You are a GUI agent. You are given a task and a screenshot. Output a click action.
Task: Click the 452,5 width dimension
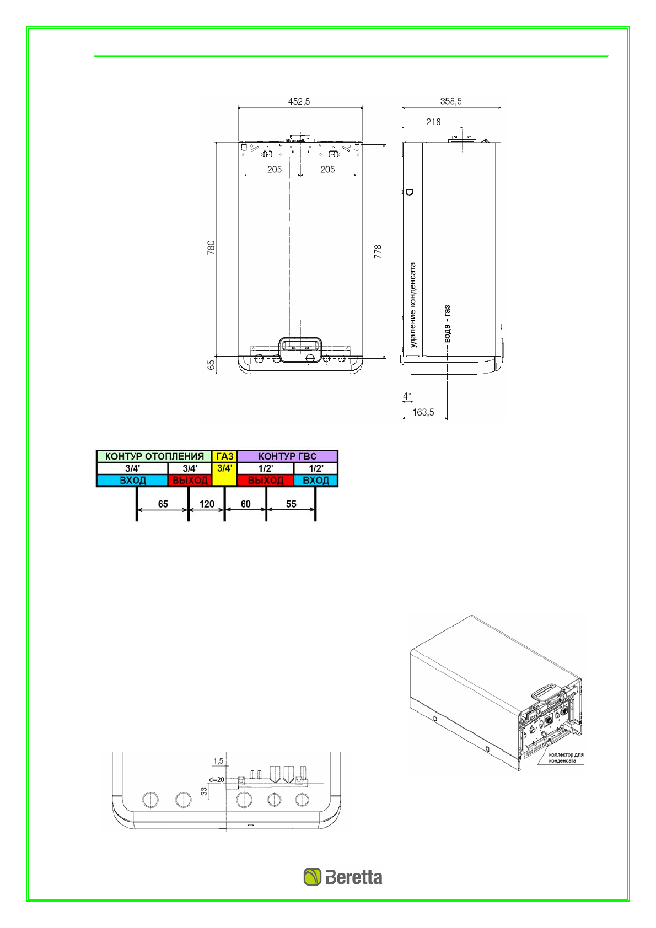(299, 101)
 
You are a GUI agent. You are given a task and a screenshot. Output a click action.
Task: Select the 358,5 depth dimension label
(451, 101)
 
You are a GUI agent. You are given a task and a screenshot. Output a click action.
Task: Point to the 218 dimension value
(433, 122)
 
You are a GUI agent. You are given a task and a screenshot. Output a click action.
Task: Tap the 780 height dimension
(211, 247)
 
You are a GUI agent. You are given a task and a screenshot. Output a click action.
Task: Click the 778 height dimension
(378, 252)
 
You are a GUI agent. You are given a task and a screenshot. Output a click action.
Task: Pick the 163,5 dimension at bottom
(423, 412)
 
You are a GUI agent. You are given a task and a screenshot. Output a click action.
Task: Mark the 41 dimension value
(408, 396)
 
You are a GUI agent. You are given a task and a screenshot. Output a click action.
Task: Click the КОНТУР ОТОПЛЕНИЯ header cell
(154, 456)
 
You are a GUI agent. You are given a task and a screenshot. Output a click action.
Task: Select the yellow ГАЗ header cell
(224, 456)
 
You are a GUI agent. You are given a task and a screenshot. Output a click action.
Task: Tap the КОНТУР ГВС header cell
(287, 456)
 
